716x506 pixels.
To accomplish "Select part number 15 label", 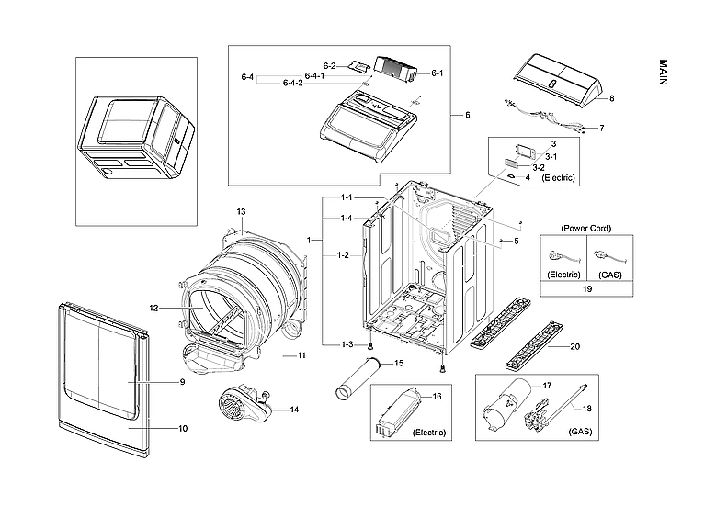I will tap(399, 364).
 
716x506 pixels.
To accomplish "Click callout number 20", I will tap(575, 346).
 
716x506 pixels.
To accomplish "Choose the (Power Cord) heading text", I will tap(586, 228).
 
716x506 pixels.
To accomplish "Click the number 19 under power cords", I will tap(586, 289).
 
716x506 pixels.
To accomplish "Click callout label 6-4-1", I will tap(314, 75).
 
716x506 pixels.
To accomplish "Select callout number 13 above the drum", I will tap(241, 212).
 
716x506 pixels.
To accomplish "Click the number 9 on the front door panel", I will tap(182, 381).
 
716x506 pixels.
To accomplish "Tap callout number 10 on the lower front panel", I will tap(182, 428).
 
